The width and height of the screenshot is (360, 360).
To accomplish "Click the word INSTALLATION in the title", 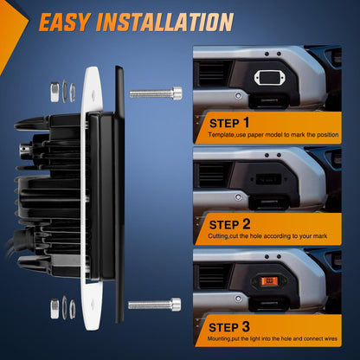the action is (165, 22).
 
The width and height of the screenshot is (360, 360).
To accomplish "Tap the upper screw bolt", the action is (156, 93).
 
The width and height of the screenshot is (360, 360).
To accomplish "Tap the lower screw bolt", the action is (155, 305).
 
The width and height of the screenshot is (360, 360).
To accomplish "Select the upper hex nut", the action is (55, 92).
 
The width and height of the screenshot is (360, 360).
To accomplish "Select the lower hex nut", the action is (55, 309).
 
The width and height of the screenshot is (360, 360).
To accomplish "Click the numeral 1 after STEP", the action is (246, 123).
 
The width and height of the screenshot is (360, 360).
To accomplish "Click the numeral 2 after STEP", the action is (246, 224).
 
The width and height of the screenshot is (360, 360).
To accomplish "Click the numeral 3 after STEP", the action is (246, 326).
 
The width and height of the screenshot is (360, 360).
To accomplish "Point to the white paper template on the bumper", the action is (268, 78).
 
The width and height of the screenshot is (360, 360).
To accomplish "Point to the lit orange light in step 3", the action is (269, 280).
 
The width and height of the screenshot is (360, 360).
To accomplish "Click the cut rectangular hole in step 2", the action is (268, 179).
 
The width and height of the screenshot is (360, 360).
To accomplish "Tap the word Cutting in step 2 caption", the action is (218, 236).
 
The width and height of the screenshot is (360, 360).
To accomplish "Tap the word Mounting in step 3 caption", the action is (219, 338).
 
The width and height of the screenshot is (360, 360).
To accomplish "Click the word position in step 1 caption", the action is (328, 135).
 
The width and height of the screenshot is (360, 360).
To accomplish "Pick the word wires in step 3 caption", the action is (330, 338).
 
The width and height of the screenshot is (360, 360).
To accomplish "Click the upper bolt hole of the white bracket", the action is (93, 94).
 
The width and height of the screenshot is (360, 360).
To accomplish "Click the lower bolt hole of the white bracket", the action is (93, 304).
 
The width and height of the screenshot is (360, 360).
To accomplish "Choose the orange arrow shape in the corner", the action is (10, 29).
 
